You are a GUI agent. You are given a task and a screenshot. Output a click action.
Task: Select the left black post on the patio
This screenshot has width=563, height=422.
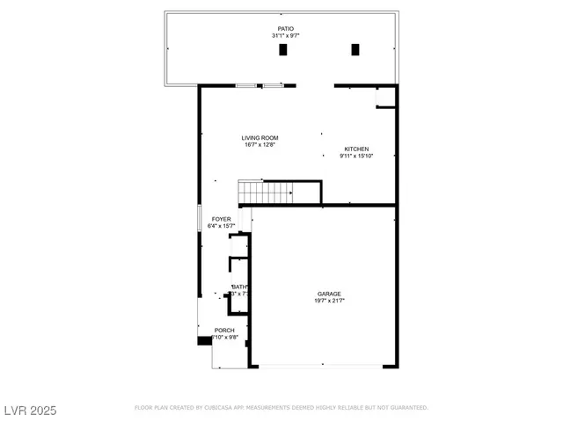[x=283, y=50]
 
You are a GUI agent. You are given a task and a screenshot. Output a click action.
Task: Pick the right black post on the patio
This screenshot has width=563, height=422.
[x=356, y=50]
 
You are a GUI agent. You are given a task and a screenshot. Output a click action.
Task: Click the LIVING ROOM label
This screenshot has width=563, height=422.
[x=260, y=138]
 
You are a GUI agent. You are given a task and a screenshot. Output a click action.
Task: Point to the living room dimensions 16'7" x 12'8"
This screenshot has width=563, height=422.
[x=260, y=145]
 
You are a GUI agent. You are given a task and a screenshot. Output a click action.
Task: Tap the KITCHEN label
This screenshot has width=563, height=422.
[x=356, y=149]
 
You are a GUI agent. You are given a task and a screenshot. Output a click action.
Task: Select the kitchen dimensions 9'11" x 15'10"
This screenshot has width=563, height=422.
[x=356, y=156]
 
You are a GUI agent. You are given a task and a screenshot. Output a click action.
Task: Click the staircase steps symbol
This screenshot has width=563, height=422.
[x=264, y=192]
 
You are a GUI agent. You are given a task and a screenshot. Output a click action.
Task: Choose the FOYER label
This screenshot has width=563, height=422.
[x=220, y=219]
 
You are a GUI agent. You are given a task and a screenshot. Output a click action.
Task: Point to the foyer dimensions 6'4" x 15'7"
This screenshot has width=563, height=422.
[x=220, y=226]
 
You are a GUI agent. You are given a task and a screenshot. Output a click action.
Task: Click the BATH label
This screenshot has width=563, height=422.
[x=239, y=287]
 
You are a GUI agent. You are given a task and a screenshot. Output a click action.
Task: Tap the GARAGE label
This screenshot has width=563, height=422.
[x=329, y=294]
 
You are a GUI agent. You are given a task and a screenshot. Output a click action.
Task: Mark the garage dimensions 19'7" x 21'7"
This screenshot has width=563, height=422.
[x=329, y=301]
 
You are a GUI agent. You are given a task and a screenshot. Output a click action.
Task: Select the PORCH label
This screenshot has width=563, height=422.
[x=224, y=331]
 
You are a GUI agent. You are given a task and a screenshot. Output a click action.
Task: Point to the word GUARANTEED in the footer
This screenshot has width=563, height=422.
[x=407, y=408]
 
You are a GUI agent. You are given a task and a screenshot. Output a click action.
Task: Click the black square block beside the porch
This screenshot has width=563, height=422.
[x=204, y=339]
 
